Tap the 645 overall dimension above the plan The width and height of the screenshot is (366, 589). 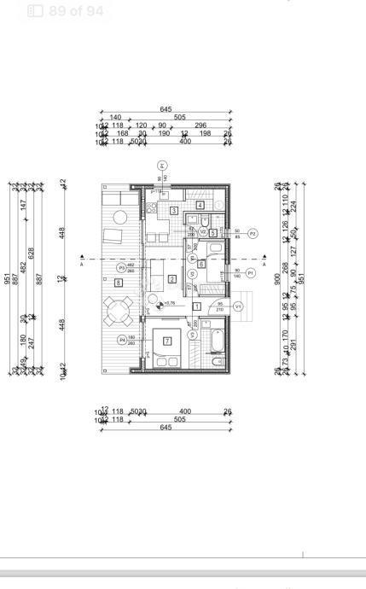(166, 109)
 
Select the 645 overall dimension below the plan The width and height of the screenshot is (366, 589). (166, 427)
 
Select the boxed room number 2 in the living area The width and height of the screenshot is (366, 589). (171, 278)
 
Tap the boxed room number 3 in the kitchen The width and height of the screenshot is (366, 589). (173, 210)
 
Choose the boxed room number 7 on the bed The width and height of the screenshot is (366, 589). (167, 341)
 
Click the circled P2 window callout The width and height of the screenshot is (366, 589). (252, 232)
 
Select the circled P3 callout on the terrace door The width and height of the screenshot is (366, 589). (122, 267)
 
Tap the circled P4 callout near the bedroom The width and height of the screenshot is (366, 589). (122, 339)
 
